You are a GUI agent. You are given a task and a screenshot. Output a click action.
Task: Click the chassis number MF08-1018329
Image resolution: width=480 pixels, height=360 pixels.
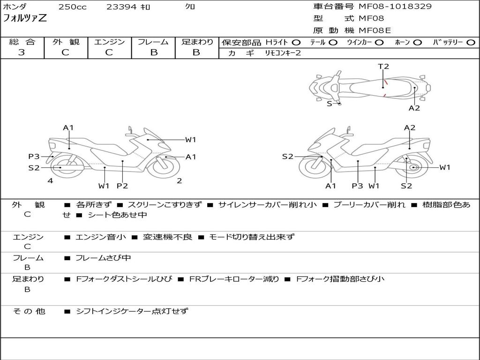click(395, 7)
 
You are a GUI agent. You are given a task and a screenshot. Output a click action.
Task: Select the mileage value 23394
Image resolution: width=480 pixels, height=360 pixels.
click(121, 7)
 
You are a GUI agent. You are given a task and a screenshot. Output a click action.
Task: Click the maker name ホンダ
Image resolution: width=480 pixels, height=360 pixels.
click(15, 7)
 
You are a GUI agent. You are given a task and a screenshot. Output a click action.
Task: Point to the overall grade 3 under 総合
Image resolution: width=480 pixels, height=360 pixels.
click(22, 52)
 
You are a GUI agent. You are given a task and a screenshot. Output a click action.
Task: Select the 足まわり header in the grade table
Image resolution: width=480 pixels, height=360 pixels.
click(197, 42)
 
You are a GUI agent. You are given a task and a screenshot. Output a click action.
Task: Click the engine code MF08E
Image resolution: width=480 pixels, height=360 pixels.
click(375, 30)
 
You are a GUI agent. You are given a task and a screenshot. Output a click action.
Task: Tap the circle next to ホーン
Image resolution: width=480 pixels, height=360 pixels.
click(418, 42)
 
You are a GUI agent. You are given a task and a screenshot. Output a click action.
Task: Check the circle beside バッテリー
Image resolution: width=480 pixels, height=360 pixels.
click(471, 42)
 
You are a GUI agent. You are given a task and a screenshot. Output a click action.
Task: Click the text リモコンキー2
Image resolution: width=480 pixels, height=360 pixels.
click(283, 53)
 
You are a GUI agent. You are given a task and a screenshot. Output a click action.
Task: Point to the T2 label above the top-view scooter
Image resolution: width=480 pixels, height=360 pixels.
click(383, 66)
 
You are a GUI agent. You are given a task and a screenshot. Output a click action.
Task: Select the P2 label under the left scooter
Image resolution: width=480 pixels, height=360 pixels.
click(122, 186)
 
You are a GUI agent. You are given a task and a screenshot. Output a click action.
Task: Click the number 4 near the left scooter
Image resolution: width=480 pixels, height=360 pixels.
click(50, 180)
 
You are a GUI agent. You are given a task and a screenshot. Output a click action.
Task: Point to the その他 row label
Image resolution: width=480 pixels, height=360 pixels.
click(29, 311)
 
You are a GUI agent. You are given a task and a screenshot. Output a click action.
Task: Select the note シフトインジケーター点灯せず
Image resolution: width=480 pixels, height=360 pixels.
click(132, 311)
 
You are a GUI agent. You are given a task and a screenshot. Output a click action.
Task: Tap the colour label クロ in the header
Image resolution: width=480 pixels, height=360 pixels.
click(190, 7)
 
